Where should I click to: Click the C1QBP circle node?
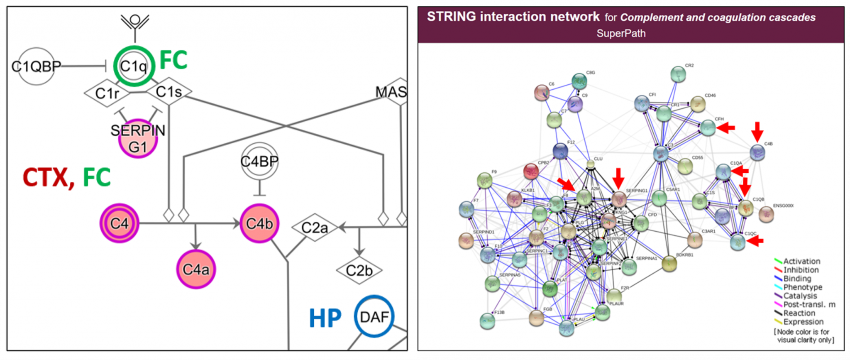click(x=36, y=66)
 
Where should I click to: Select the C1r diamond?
click(x=107, y=93)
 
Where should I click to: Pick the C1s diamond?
click(x=169, y=91)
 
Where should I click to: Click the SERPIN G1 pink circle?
click(x=138, y=139)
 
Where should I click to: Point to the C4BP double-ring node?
click(x=259, y=161)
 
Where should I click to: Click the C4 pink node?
click(x=119, y=223)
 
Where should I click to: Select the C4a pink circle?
click(x=196, y=269)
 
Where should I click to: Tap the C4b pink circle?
click(x=259, y=223)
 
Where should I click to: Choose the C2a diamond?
click(x=314, y=228)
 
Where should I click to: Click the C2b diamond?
click(x=359, y=271)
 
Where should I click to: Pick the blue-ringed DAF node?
click(x=374, y=317)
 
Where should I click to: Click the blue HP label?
click(x=325, y=318)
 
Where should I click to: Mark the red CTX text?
click(x=46, y=178)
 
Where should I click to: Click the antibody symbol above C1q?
click(x=134, y=22)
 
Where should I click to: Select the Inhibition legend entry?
click(x=800, y=270)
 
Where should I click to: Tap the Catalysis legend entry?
click(x=799, y=296)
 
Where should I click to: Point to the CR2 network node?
click(x=678, y=75)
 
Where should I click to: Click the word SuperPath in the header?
click(x=621, y=33)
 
